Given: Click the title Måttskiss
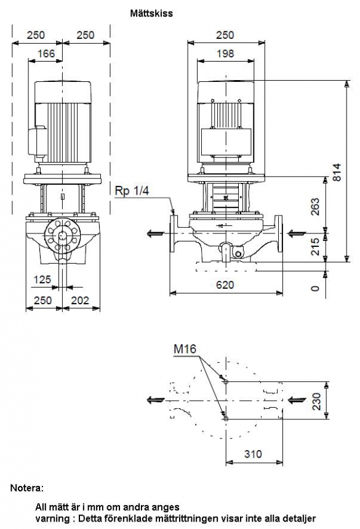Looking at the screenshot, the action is tap(151, 14).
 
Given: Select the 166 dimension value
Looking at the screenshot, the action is tap(46, 54).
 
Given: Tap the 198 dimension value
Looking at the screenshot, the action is tap(225, 54).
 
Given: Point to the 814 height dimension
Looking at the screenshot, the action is tap(337, 172).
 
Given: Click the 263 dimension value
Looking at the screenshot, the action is tap(314, 207).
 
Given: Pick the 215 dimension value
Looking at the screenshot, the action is tap(314, 246).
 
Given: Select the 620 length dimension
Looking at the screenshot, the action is tap(225, 285).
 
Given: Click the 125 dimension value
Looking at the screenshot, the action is tap(42, 280).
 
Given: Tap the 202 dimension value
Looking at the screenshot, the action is tap(80, 301).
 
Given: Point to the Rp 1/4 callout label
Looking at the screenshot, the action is tap(132, 191).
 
